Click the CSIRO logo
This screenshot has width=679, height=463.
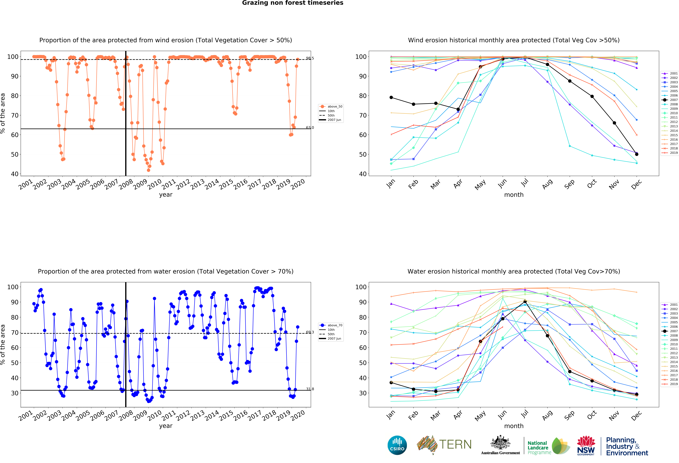397,445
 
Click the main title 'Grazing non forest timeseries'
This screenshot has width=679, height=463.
292,3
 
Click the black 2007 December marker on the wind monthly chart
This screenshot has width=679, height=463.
637,154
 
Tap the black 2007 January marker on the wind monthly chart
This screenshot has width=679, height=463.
391,97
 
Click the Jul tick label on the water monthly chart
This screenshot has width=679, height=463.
525,414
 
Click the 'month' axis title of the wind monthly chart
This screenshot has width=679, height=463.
514,195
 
